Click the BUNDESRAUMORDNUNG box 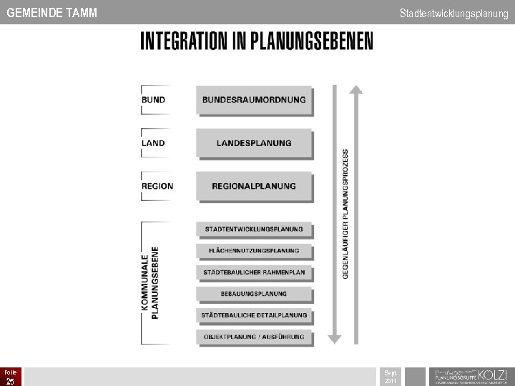[254, 100]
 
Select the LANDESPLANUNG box [254, 143]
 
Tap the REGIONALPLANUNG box [254, 186]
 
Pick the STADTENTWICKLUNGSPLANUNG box [254, 229]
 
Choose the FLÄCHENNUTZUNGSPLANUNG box [254, 251]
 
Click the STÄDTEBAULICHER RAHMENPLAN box [254, 272]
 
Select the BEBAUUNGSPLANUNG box [254, 294]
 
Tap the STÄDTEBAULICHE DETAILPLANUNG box [254, 315]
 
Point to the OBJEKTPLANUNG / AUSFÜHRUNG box [254, 337]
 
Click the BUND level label [153, 100]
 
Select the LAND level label [153, 143]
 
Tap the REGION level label [157, 186]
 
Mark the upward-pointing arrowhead [355, 90]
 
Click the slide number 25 [10, 381]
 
